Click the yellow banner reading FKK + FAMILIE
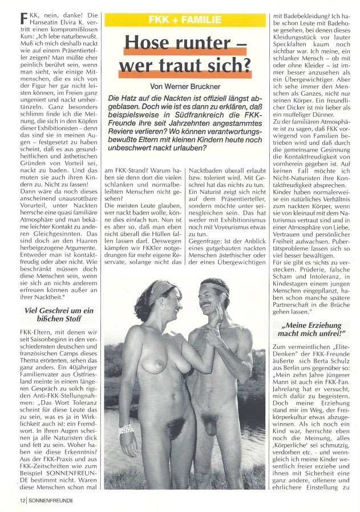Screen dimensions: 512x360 click(185, 20)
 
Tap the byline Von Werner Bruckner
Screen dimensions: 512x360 click(185, 87)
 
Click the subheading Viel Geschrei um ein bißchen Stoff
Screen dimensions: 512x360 click(52, 316)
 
